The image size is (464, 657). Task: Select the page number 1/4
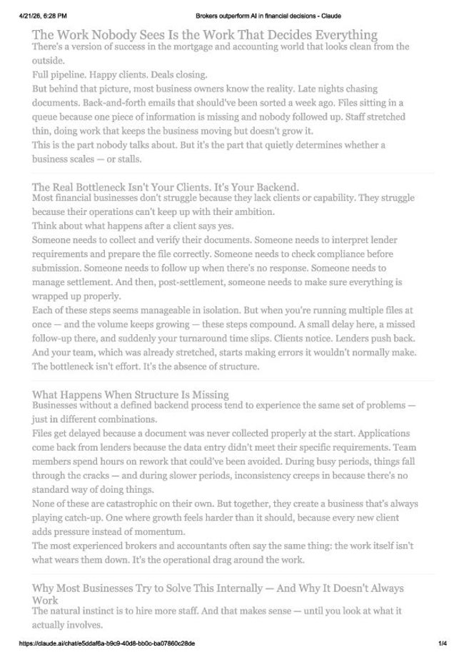[x=443, y=643]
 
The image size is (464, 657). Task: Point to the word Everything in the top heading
[x=339, y=34]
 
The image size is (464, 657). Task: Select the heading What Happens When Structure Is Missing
[x=130, y=394]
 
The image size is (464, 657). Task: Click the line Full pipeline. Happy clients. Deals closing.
[x=120, y=74]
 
